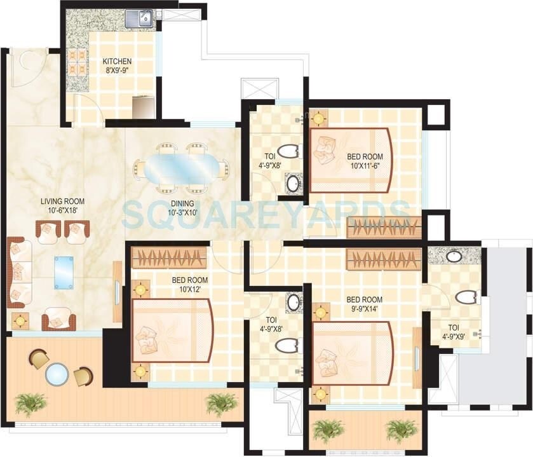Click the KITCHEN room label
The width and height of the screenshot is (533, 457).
click(x=118, y=62)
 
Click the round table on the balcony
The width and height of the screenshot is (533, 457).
click(x=57, y=374)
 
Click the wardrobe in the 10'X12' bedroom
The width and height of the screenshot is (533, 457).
click(x=168, y=257)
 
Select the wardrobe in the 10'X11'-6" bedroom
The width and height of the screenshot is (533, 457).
click(x=384, y=228)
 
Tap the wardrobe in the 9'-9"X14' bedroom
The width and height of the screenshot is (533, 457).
click(x=383, y=259)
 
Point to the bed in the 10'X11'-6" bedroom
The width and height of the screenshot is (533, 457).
click(x=350, y=160)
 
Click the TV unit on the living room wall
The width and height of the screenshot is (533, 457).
click(x=117, y=291)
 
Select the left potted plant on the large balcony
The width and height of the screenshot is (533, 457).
click(x=30, y=402)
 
